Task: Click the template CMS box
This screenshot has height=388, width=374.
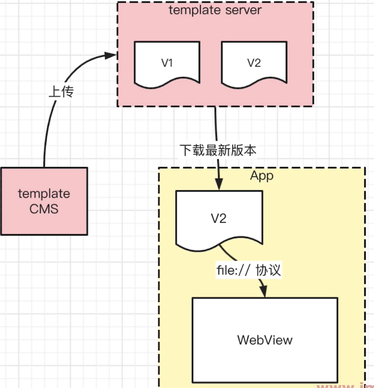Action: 44,201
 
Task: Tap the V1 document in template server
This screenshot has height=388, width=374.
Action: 167,64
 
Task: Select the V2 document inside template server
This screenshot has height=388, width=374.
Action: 254,64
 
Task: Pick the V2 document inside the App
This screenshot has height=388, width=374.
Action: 219,219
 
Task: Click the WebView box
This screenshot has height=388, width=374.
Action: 265,340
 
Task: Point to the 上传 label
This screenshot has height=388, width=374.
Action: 61,92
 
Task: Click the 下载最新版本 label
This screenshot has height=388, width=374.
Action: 218,150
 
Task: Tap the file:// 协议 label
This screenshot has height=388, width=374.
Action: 249,270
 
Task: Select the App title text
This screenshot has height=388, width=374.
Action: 262,176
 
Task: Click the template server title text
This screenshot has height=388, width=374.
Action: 215,10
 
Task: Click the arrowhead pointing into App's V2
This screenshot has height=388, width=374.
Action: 219,184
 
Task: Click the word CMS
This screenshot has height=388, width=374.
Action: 44,209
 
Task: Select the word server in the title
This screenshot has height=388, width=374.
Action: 243,10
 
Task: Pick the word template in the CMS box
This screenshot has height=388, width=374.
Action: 44,194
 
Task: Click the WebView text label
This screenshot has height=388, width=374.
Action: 265,340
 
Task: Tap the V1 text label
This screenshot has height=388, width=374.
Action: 167,63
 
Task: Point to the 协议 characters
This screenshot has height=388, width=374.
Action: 268,270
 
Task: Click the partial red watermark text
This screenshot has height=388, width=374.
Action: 345,385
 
